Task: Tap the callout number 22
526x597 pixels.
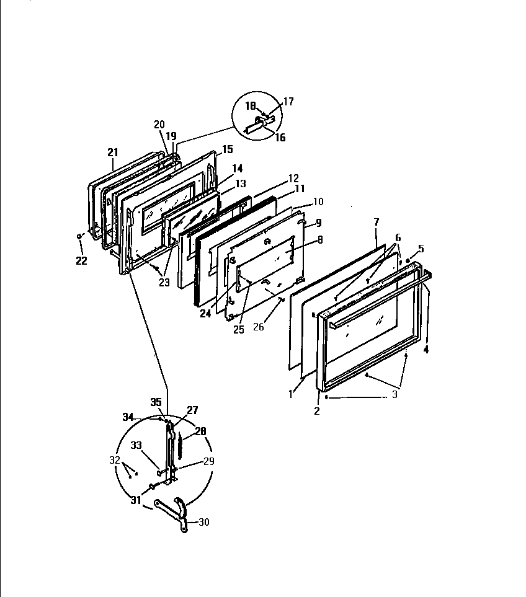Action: click(x=82, y=261)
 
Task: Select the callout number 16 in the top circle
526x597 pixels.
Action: click(x=280, y=138)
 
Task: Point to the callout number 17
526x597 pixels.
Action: click(x=288, y=102)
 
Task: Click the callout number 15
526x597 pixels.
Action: click(x=227, y=149)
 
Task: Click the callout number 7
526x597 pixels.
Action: click(x=376, y=223)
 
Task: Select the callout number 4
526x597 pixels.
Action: click(x=426, y=350)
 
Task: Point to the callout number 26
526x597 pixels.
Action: click(x=258, y=326)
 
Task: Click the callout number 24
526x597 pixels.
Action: click(x=205, y=313)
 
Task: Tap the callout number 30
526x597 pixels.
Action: click(x=203, y=522)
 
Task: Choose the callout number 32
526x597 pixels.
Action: click(x=114, y=460)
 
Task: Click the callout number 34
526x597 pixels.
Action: click(x=128, y=417)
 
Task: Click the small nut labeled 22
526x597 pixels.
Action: click(x=79, y=236)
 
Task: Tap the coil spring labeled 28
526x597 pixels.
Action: click(x=180, y=447)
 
